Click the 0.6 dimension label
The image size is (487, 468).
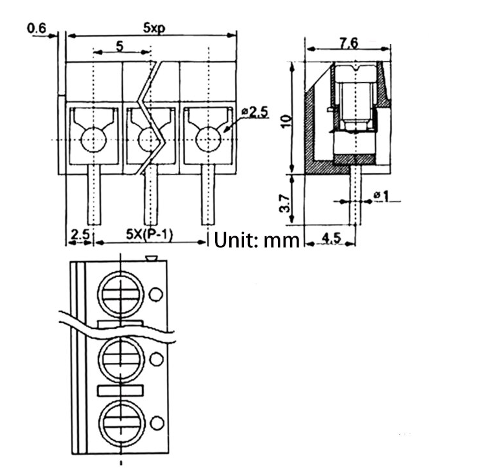(x=37, y=28)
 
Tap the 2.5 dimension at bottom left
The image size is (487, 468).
(x=80, y=234)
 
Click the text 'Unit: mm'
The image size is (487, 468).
(x=258, y=240)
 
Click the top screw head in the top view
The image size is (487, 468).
(x=120, y=295)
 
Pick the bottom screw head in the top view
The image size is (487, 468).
(x=120, y=422)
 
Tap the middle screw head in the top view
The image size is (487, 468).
(x=120, y=358)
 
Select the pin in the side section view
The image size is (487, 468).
(x=355, y=194)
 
